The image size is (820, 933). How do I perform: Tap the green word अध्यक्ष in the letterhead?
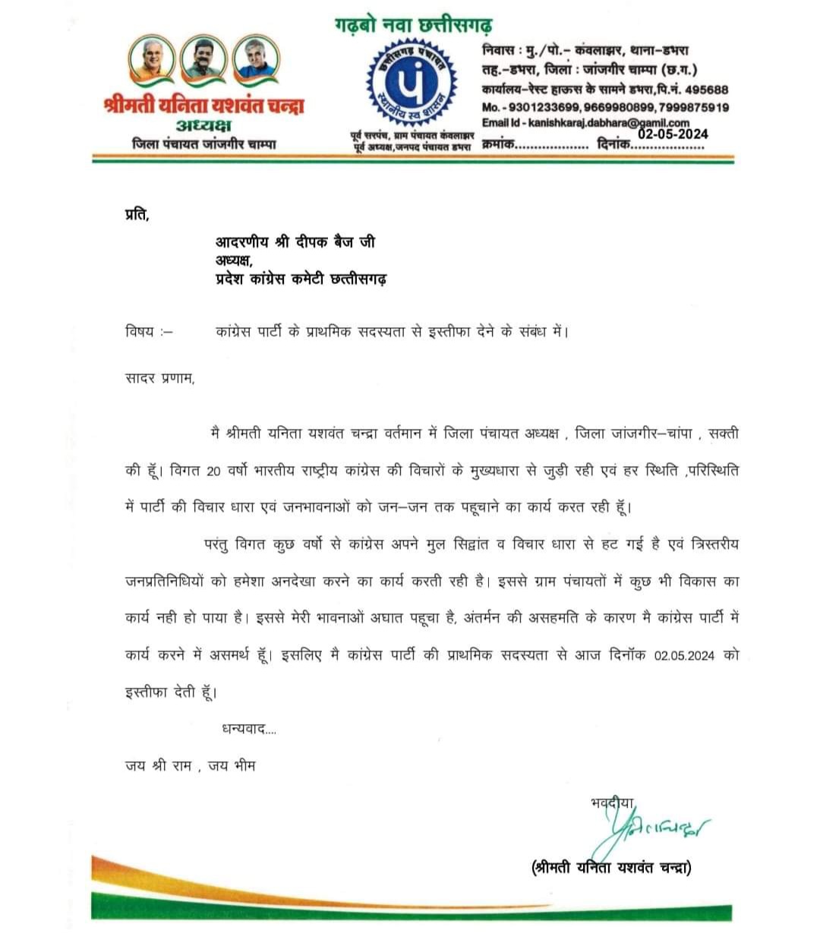coord(203,125)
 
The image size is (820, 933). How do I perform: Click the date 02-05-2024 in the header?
coord(673,134)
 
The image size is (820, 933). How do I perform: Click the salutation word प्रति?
coord(137,216)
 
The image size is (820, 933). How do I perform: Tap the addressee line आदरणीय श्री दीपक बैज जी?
coord(295,242)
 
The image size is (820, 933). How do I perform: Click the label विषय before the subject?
coord(140,332)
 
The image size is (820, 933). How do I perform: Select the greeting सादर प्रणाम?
coord(159,379)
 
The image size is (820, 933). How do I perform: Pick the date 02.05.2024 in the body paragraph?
coord(684,656)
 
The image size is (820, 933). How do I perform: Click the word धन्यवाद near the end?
coord(244,730)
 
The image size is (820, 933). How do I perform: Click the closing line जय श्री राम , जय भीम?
coord(191,766)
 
